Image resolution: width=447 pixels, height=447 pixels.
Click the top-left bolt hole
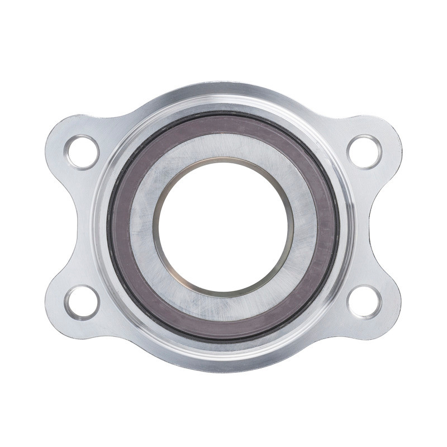82,151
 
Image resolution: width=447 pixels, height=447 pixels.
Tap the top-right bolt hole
364,151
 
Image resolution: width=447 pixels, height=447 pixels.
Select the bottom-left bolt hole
82,302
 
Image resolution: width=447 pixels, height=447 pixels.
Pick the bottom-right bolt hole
364,302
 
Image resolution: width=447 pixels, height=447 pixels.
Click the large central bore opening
223,226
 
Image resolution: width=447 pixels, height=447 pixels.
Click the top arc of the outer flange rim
223,89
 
